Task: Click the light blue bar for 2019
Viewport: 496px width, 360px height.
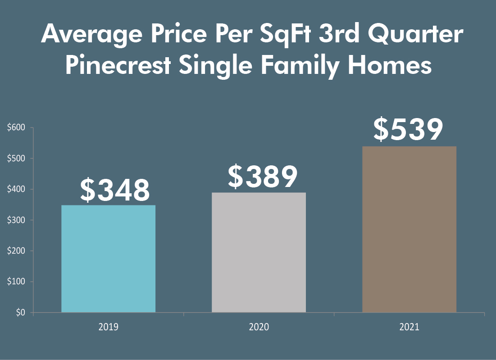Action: click(x=108, y=259)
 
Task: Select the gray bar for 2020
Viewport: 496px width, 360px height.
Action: click(x=259, y=252)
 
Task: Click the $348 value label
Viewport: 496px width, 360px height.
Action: click(x=114, y=191)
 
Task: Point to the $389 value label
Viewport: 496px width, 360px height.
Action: click(x=262, y=177)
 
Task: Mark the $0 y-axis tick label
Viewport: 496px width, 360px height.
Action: click(x=20, y=313)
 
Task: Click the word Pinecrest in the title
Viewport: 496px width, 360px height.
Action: click(x=118, y=66)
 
